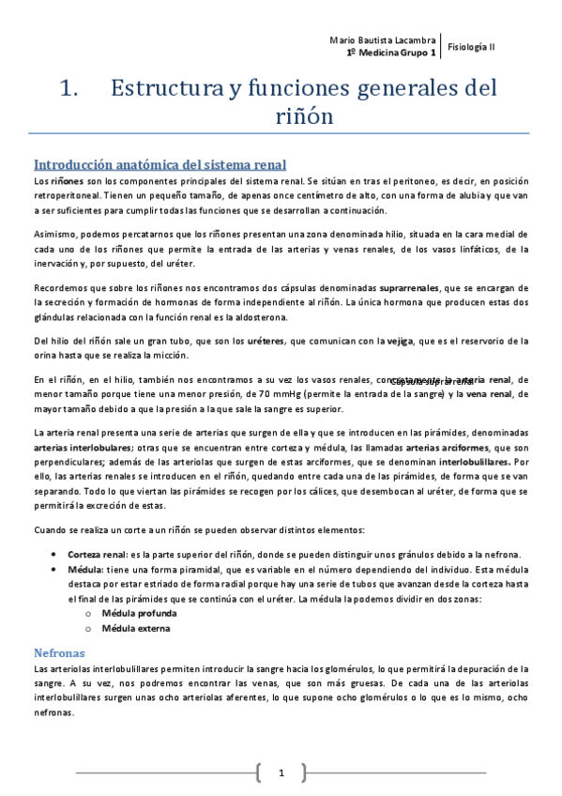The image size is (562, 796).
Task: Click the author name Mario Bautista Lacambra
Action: tap(384, 40)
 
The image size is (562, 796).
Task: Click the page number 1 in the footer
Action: tap(281, 773)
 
